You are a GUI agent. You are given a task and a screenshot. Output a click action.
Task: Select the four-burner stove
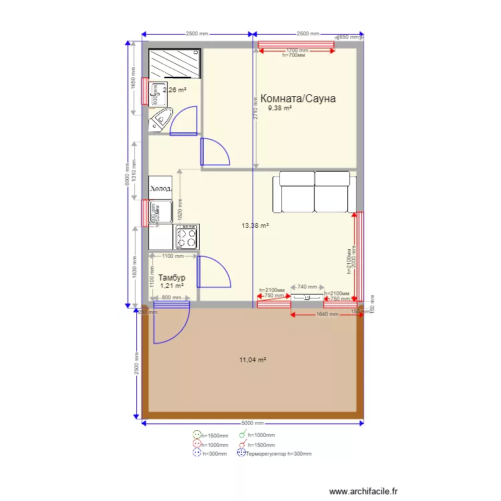coord(186,235)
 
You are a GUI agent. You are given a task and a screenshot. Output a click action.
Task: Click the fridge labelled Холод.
coord(161,188)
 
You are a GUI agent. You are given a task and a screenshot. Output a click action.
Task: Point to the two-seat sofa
coord(315,191)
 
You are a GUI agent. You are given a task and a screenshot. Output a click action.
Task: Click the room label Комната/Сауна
coord(298,99)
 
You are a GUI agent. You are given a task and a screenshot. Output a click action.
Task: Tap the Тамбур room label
coord(172,277)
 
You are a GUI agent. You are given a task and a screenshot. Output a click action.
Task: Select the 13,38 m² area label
coord(255,226)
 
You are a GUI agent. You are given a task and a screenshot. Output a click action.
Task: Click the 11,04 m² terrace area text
coord(253,360)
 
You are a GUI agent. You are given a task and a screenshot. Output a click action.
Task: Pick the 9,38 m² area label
coord(280,108)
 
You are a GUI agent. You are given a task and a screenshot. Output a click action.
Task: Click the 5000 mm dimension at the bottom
coord(253,424)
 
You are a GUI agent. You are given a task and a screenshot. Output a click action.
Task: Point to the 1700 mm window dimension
coord(297,50)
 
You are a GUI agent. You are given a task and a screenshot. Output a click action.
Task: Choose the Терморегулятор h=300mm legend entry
coord(279,454)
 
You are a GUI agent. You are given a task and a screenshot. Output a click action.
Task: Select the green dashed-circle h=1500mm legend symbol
coord(196,435)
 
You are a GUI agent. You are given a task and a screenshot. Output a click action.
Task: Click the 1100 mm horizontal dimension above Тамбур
coord(172,256)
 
